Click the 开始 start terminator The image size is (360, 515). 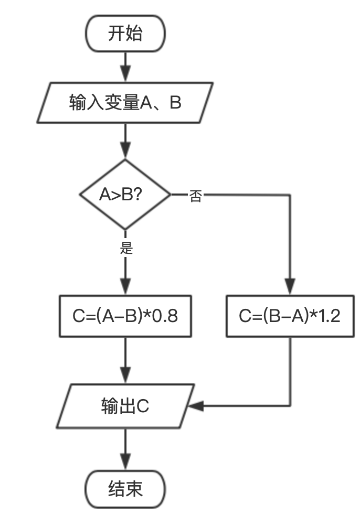coord(125,34)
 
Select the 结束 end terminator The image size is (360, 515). coord(125,489)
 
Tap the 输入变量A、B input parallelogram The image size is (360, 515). coord(125,102)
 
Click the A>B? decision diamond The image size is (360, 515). coord(125,195)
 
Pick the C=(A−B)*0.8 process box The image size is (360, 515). coord(125,316)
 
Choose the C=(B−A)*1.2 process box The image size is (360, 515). coord(290,316)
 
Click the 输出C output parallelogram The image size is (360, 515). coord(125,406)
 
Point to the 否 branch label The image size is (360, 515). coord(195,197)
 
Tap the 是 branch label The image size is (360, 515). coord(126,248)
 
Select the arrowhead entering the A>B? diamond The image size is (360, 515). coord(125,152)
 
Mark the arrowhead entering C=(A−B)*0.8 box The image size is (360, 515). coord(125,288)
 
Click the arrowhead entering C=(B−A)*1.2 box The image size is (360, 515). coord(290,288)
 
